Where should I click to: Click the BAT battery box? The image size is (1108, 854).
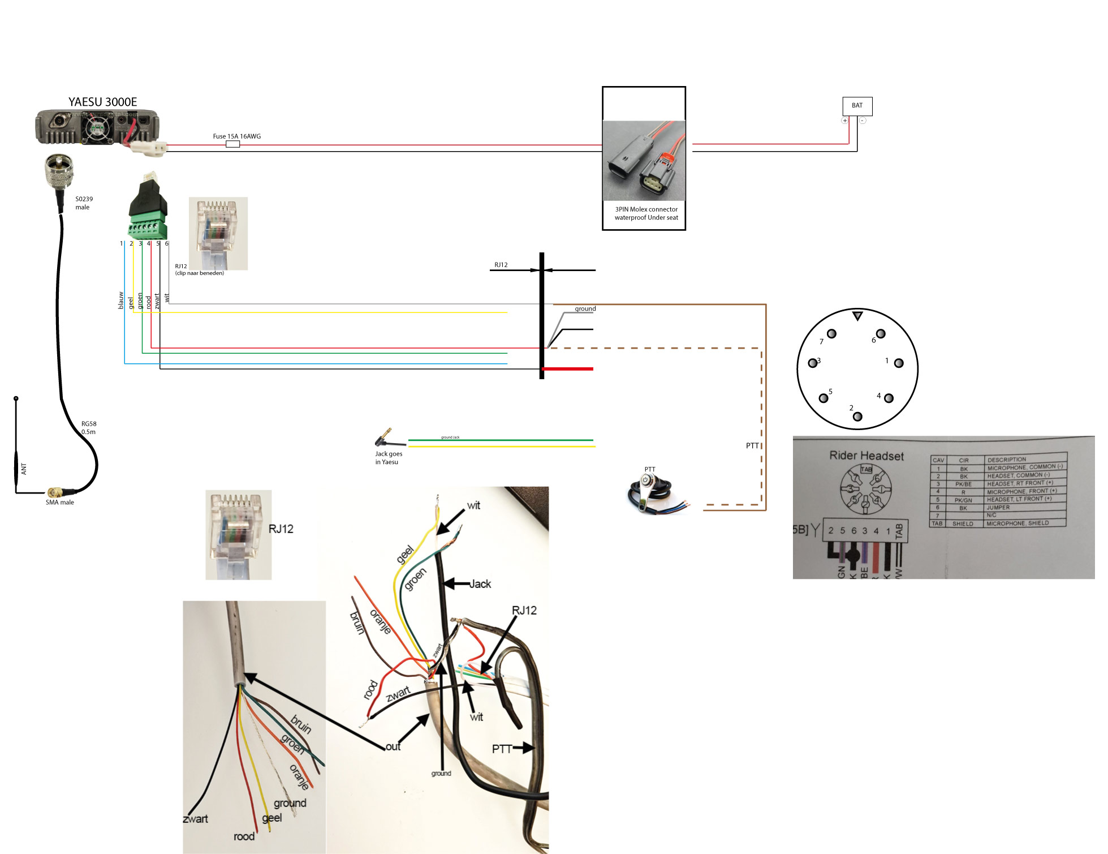coord(857,106)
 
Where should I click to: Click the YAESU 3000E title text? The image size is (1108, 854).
coord(102,102)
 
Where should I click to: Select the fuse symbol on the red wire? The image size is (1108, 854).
coord(232,144)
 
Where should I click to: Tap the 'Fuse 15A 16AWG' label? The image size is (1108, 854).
coord(236,136)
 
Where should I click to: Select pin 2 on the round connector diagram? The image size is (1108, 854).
coord(857,417)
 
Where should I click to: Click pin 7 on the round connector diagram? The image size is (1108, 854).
coord(831,334)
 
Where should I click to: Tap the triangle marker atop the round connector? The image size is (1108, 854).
coord(857,316)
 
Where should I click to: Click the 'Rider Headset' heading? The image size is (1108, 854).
coord(866,456)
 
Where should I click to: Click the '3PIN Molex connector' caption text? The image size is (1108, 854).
coord(646,209)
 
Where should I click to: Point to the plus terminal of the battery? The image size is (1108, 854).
coord(845,121)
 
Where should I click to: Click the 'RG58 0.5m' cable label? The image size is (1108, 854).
coord(89,428)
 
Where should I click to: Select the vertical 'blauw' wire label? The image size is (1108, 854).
coord(120,300)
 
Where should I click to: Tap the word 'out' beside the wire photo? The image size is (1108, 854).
coord(393,746)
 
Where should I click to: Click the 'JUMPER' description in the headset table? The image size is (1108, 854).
coord(998,508)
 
